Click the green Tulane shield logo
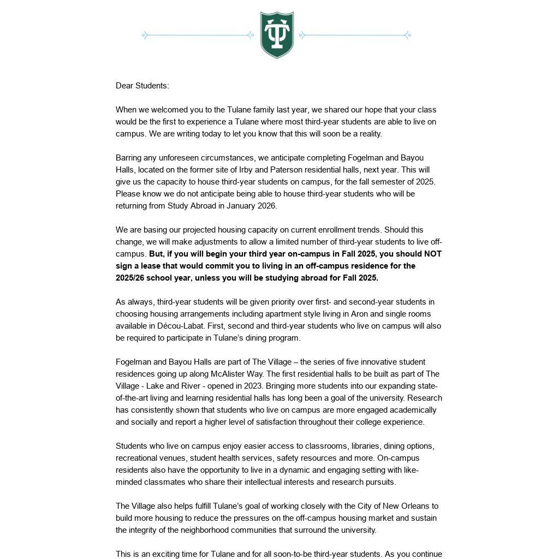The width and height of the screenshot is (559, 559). point(277,34)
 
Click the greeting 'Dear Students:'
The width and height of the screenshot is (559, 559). point(142,86)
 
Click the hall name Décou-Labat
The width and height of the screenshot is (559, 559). point(181,326)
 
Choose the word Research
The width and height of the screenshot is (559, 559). point(424,398)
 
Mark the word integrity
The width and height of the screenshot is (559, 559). point(145,530)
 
